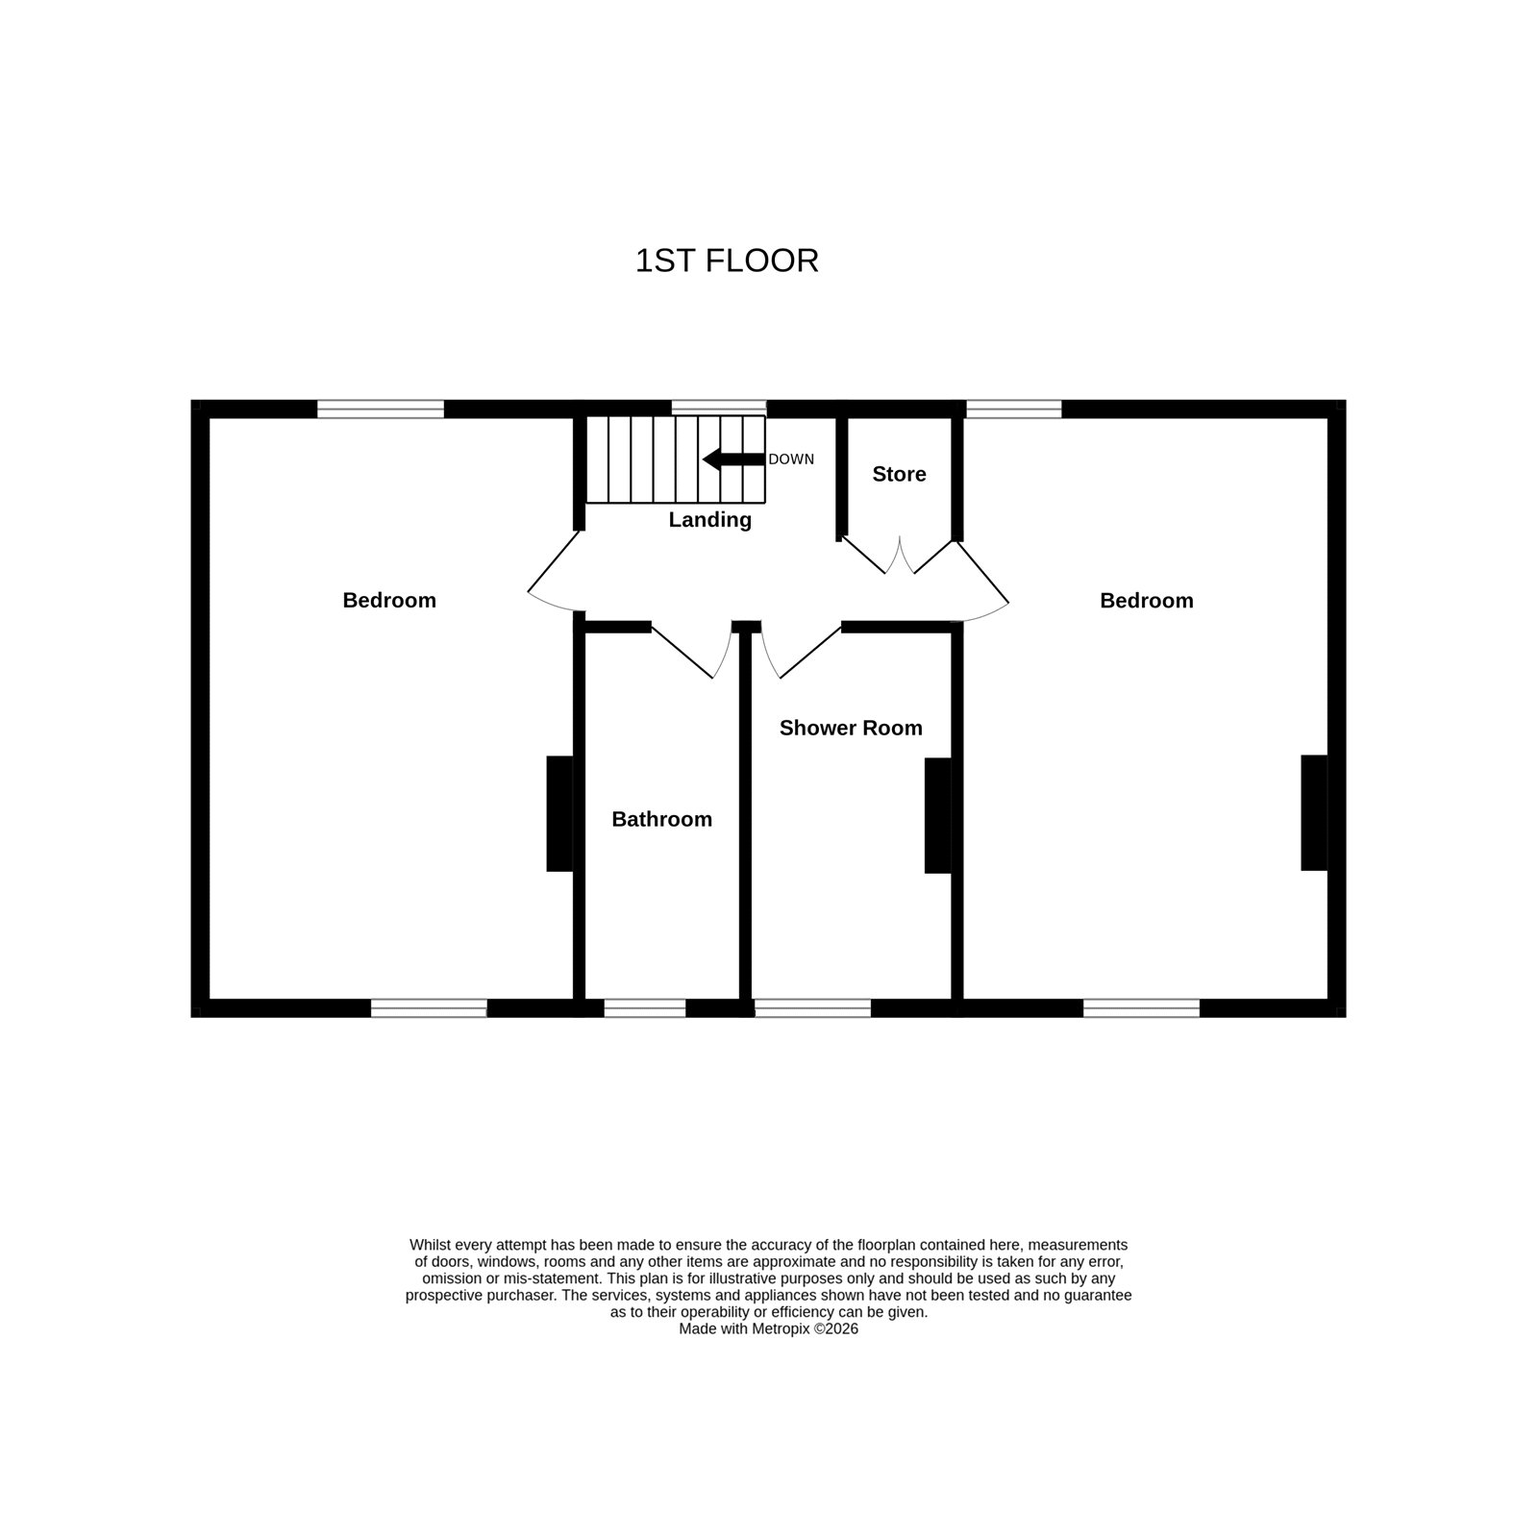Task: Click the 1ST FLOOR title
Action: coord(727,260)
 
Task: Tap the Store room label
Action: coord(899,474)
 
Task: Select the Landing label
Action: coord(710,520)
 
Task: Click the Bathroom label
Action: coord(662,819)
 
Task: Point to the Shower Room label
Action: coord(851,728)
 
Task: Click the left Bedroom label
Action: coord(389,600)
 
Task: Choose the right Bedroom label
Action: coord(1147,600)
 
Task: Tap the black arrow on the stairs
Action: coord(733,459)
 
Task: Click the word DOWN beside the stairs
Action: coord(791,459)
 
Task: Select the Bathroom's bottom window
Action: coord(645,1007)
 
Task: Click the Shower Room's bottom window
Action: coord(813,1007)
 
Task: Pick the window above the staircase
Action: coord(719,409)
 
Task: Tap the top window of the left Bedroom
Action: coord(381,409)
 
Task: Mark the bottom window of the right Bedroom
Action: coord(1142,1007)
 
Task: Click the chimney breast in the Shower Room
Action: coord(938,816)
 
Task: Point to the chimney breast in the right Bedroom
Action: coord(1314,813)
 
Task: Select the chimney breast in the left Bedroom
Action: coord(559,814)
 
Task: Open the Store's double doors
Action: coord(899,557)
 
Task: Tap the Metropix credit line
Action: coord(768,1329)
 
